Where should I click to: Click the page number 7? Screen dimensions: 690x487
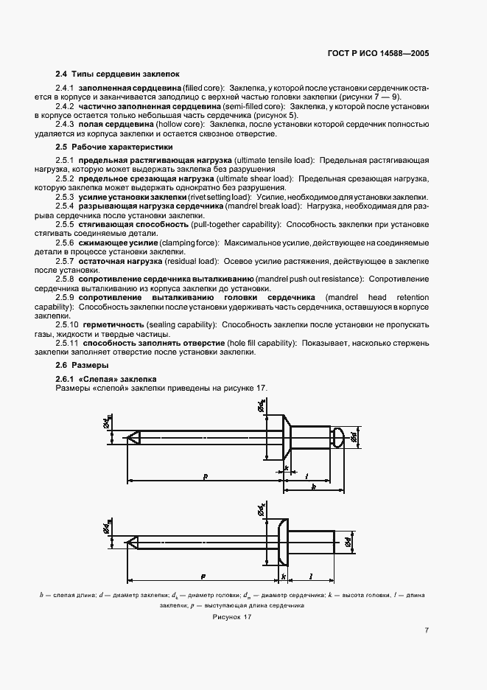pos(427,631)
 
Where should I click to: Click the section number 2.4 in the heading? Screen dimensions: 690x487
pos(62,74)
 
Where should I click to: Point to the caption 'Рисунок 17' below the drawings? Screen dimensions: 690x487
pos(232,617)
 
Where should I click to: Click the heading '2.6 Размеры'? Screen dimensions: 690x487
pos(82,365)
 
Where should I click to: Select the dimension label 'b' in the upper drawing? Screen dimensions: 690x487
pos(314,487)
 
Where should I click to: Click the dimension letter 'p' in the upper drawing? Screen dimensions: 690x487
pos(206,475)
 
